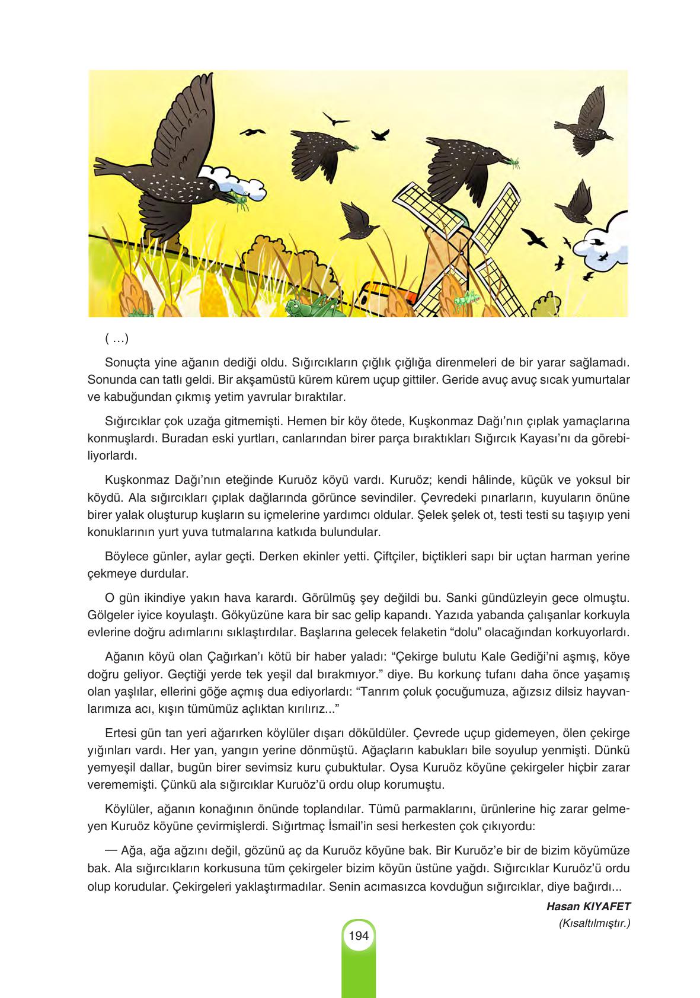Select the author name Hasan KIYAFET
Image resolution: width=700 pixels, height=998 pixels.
coord(588,906)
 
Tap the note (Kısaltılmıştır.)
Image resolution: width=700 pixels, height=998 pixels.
coord(594,923)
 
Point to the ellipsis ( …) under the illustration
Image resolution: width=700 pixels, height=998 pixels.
coord(116,339)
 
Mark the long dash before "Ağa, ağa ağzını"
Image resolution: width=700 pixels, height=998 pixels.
coord(110,850)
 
